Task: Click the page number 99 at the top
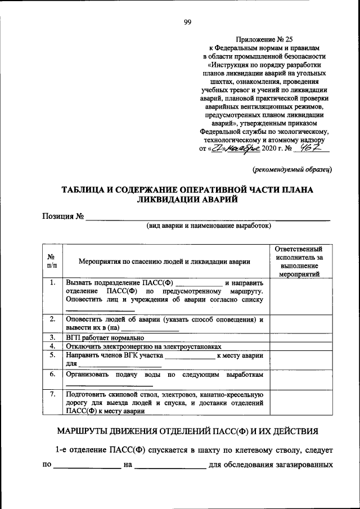click(187, 22)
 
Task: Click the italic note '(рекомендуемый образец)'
click(292, 169)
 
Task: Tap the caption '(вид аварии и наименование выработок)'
click(209, 226)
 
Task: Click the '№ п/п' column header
click(51, 260)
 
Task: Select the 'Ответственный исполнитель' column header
click(299, 261)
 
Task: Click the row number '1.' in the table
click(51, 282)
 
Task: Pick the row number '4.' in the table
click(51, 346)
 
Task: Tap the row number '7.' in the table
click(51, 394)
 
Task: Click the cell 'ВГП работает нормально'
click(106, 338)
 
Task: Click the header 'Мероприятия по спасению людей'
click(164, 261)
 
